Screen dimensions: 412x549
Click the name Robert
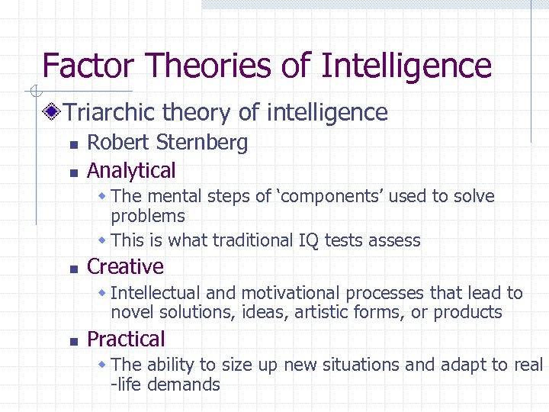click(114, 143)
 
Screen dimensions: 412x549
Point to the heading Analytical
click(131, 170)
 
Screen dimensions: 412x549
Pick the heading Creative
click(125, 266)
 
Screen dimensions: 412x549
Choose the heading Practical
click(126, 339)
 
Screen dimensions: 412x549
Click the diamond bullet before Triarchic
click(53, 113)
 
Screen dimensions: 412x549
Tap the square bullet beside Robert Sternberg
click(72, 144)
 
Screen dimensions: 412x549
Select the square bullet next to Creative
click(72, 268)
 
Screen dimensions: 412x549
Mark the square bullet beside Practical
click(72, 340)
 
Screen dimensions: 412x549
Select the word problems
click(148, 216)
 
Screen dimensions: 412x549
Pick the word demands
click(187, 385)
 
